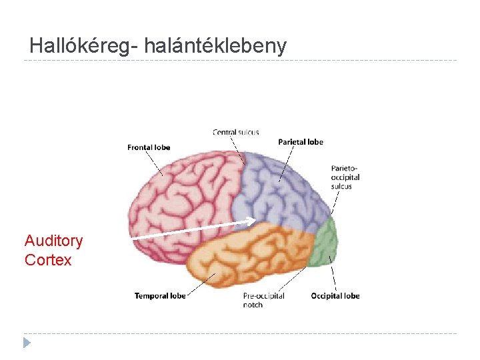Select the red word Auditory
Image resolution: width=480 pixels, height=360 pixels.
tap(53, 241)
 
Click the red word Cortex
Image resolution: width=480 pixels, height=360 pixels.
tap(48, 260)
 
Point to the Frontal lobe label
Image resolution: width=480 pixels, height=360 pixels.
tap(149, 147)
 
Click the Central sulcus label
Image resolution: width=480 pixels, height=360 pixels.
tap(235, 133)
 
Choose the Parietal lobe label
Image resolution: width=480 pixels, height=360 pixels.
tap(300, 142)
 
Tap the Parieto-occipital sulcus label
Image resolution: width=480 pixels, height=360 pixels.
tap(345, 177)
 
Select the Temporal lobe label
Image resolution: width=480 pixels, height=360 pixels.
tap(160, 295)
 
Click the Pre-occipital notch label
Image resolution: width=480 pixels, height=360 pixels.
tap(263, 300)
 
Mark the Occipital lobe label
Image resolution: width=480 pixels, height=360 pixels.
tap(335, 296)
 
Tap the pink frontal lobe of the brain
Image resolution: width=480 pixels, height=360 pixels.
tap(180, 193)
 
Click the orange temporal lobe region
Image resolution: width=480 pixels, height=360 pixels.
tap(247, 257)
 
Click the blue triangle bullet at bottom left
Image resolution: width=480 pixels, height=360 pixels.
tap(27, 343)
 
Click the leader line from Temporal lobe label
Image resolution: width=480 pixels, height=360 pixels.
tap(201, 283)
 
